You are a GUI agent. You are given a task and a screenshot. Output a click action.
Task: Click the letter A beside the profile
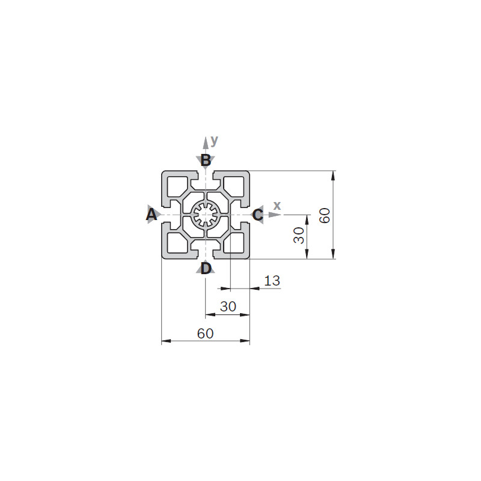pos(152,215)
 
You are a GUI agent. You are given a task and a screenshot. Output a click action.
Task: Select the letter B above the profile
pos(206,161)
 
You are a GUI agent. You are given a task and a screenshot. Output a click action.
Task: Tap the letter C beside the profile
pos(258,215)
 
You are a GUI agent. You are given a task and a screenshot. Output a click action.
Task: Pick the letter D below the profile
pos(206,268)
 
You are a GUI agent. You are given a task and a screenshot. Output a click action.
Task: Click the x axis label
pos(277,206)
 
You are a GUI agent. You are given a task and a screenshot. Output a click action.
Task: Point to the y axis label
pos(215,141)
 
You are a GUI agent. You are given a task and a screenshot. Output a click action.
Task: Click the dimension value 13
pos(272,281)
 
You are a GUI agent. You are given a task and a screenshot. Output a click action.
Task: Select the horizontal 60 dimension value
pos(205,334)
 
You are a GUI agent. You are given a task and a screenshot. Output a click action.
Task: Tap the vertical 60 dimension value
pos(325,215)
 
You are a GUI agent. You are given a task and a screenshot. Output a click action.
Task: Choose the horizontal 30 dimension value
pos(228,307)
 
